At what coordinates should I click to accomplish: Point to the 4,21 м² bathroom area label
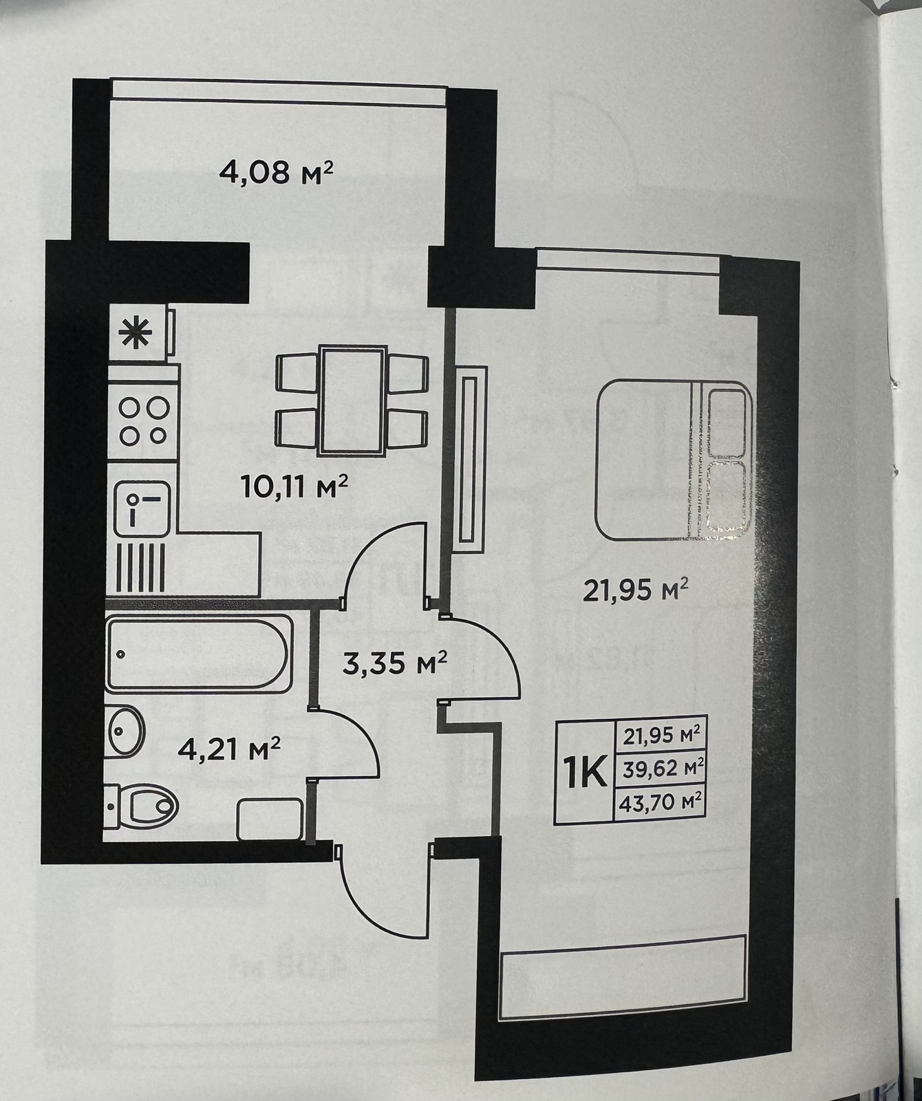click(228, 748)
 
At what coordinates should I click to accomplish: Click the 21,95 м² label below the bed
click(636, 590)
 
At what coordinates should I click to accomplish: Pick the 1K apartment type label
click(583, 773)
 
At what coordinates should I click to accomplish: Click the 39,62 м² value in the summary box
click(662, 767)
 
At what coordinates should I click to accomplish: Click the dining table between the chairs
click(352, 400)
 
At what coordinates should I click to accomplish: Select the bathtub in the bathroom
click(200, 654)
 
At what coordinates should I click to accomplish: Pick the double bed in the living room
click(674, 461)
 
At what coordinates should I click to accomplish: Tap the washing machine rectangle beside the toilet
click(269, 819)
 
